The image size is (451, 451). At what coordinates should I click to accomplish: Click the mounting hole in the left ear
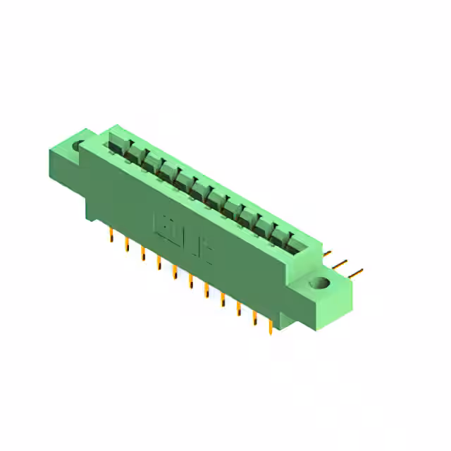pyautogui.click(x=78, y=147)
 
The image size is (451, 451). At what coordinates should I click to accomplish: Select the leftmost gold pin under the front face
pyautogui.click(x=111, y=235)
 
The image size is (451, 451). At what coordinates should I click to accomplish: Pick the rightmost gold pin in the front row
pyautogui.click(x=270, y=326)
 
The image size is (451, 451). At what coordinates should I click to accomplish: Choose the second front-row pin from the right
pyautogui.click(x=254, y=316)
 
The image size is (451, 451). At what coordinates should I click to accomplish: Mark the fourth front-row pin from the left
pyautogui.click(x=159, y=263)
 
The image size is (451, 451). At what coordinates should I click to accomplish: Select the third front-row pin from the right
pyautogui.click(x=238, y=307)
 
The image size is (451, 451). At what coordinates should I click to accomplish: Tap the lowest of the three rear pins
pyautogui.click(x=356, y=271)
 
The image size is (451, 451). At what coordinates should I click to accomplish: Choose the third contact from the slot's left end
pyautogui.click(x=150, y=163)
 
